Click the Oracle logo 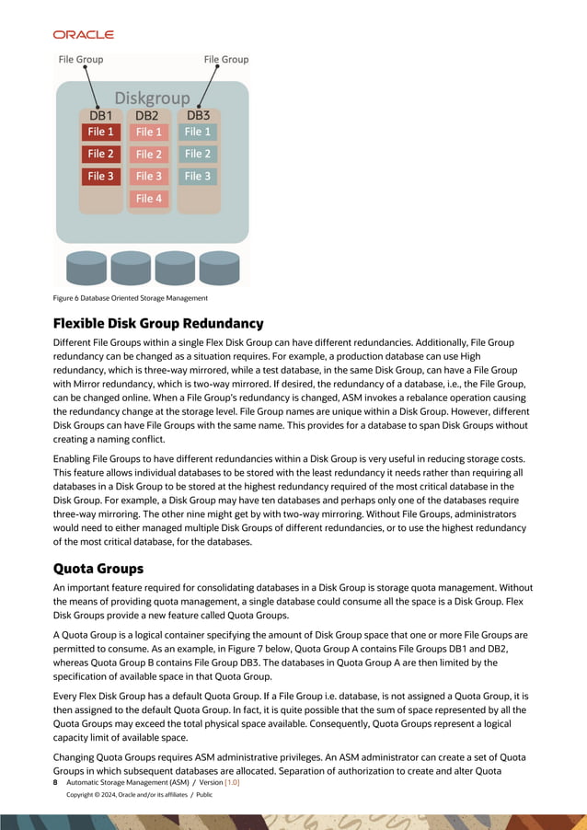pos(83,34)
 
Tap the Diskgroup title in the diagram pos(152,98)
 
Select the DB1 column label pos(100,116)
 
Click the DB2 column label pos(147,116)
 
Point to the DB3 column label pos(198,116)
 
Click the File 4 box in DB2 pos(149,199)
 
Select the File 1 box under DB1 pos(100,133)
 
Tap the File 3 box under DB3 pos(198,177)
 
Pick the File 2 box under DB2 pos(149,155)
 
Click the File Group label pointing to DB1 pos(81,60)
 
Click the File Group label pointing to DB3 pos(225,60)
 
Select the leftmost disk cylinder pos(86,268)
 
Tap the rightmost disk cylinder pos(219,268)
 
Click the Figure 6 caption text pos(130,298)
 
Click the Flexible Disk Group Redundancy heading pos(158,324)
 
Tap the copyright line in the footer pos(139,794)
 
